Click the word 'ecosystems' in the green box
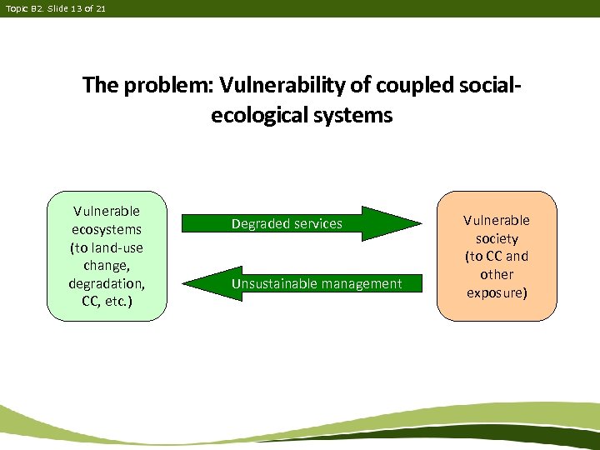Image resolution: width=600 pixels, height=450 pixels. point(107,229)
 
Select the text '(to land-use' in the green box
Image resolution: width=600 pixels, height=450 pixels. point(107,247)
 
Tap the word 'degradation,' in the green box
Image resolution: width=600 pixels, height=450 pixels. point(107,282)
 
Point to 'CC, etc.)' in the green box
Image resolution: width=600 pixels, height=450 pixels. point(107,300)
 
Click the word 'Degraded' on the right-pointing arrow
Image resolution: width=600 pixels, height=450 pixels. point(258,224)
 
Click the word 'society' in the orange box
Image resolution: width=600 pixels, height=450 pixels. point(497,238)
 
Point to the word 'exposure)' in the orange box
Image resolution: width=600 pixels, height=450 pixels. point(497,292)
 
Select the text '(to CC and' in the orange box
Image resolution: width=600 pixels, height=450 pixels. point(497,257)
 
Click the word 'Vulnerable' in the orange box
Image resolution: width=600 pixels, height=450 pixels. point(497,220)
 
